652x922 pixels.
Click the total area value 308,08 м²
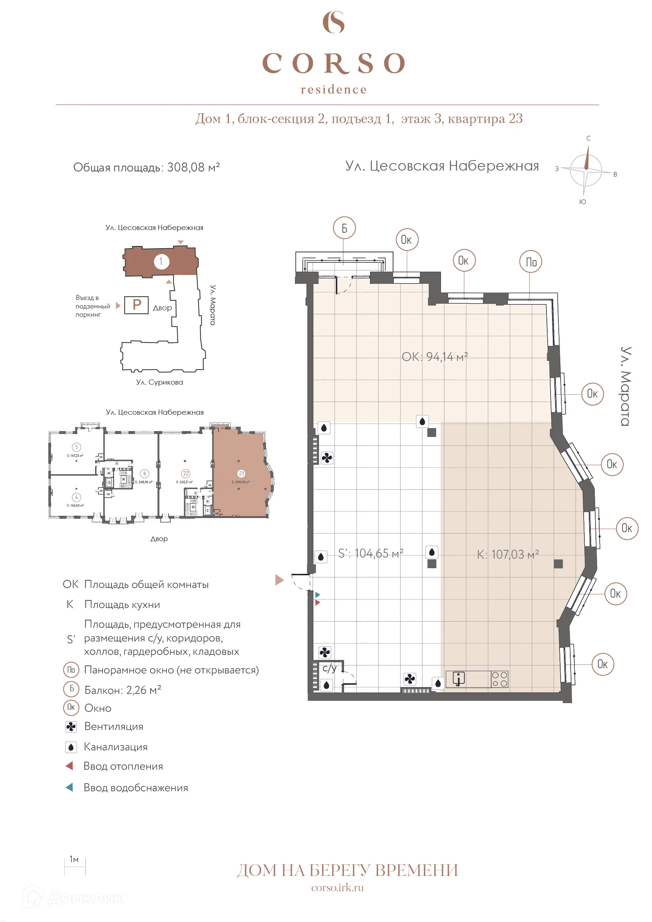pos(193,167)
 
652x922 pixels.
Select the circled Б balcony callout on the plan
pos(344,228)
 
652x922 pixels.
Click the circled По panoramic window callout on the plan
pos(531,262)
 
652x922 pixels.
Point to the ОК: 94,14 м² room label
pos(434,357)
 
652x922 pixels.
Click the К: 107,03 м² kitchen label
pos(507,554)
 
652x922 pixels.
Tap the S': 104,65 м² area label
pos(370,553)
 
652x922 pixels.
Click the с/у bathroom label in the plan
pos(329,668)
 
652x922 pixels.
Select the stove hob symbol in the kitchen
pos(499,679)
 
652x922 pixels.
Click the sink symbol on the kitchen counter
pos(458,678)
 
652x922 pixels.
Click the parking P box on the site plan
pos(136,305)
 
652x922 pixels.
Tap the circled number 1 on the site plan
pos(161,262)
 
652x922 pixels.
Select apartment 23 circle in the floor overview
pos(241,473)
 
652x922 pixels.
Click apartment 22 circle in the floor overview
pos(185,473)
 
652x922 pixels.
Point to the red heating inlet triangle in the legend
pos(69,766)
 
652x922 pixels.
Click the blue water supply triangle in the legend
pos(69,787)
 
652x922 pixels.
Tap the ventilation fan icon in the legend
pos(71,727)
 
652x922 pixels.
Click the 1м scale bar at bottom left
pos(75,867)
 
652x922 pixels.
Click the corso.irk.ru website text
pos(337,887)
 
